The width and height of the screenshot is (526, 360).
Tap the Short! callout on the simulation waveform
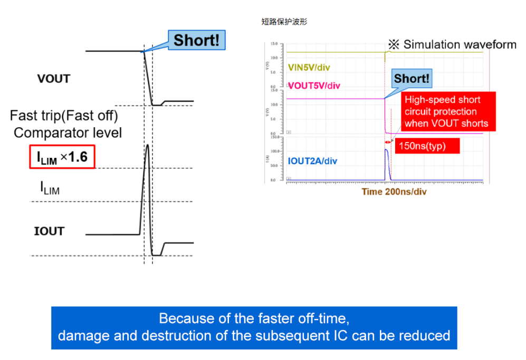click(412, 79)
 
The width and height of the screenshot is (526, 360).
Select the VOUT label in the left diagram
click(53, 79)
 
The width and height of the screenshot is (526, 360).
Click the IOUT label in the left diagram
click(49, 231)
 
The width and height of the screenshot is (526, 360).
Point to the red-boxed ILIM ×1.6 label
click(62, 157)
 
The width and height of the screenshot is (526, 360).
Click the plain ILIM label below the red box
click(50, 187)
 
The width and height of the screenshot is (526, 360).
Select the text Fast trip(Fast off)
click(63, 115)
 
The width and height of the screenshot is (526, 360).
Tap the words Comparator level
click(68, 132)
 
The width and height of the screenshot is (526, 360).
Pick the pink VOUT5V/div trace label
click(314, 86)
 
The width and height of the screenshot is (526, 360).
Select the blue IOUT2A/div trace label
click(312, 161)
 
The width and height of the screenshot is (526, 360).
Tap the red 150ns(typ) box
click(428, 146)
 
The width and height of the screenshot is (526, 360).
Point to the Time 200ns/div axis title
click(394, 192)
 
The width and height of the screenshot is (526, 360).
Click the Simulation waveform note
click(452, 44)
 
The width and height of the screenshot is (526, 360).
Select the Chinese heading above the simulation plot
click(284, 22)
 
